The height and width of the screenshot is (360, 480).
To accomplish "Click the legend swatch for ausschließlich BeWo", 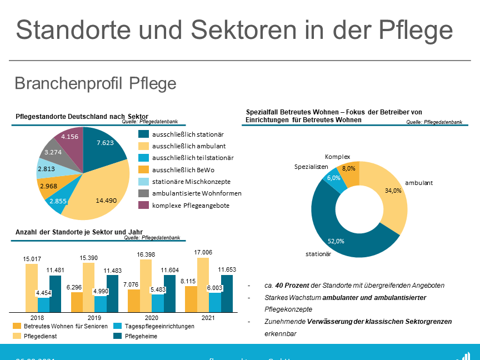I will point(143,169).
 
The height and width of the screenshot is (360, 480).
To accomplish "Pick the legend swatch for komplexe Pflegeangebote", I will point(143,205).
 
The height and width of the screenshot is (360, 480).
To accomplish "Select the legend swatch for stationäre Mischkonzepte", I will point(143,181).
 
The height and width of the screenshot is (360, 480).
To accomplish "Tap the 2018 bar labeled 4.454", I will point(43,305).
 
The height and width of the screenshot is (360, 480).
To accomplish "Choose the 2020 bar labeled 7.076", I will point(134,301).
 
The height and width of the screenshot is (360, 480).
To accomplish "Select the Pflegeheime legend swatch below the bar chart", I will point(117,336).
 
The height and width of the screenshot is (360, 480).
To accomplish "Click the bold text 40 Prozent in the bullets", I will point(289,286).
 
